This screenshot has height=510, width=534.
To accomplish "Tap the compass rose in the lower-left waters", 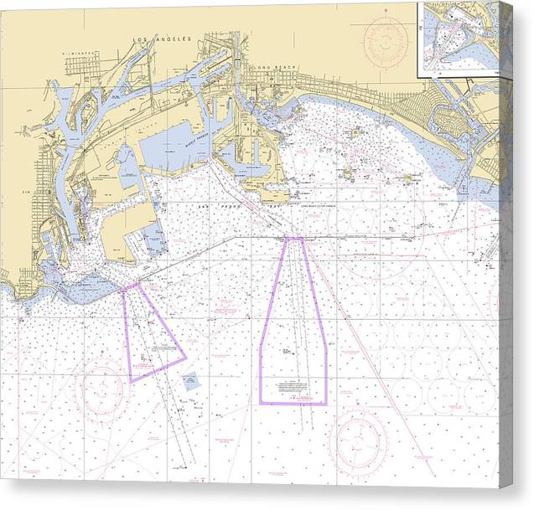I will [x=102, y=387].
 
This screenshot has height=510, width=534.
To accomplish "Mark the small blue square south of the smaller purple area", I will [x=190, y=381].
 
